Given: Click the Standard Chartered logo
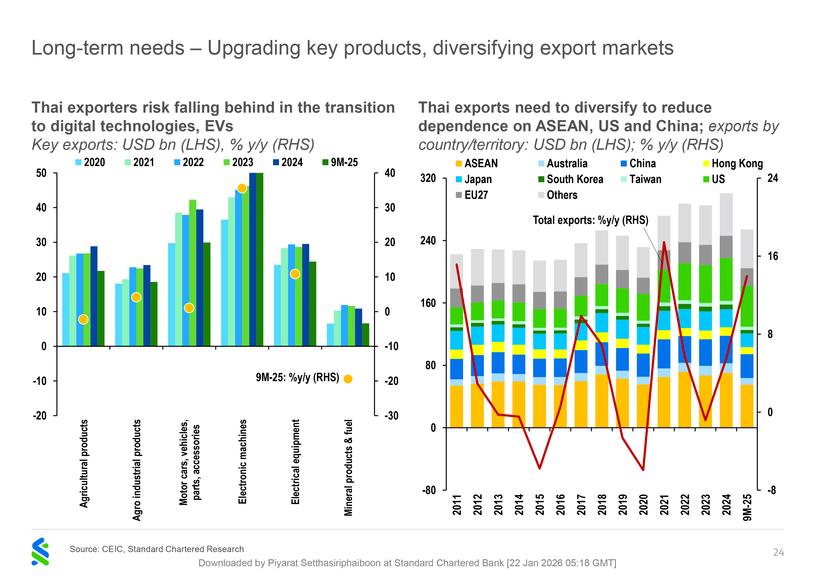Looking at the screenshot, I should click(x=40, y=552).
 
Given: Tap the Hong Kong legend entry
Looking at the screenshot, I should click(x=733, y=164).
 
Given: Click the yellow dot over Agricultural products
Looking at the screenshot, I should click(x=83, y=319).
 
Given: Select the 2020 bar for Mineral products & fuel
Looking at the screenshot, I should click(x=330, y=335).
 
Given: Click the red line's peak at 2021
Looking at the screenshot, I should click(x=664, y=242).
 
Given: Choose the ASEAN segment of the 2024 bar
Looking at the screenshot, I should click(x=726, y=400).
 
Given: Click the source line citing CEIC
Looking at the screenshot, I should click(x=157, y=549).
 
